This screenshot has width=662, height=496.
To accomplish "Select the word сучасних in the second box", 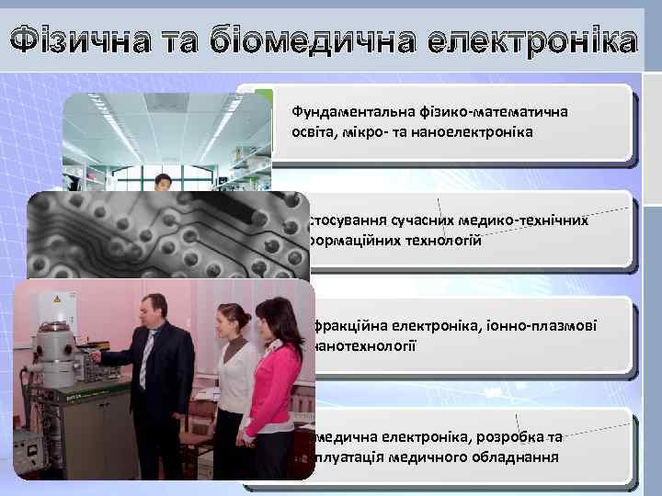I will (429, 220).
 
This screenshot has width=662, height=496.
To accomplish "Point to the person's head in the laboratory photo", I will (164, 183).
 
